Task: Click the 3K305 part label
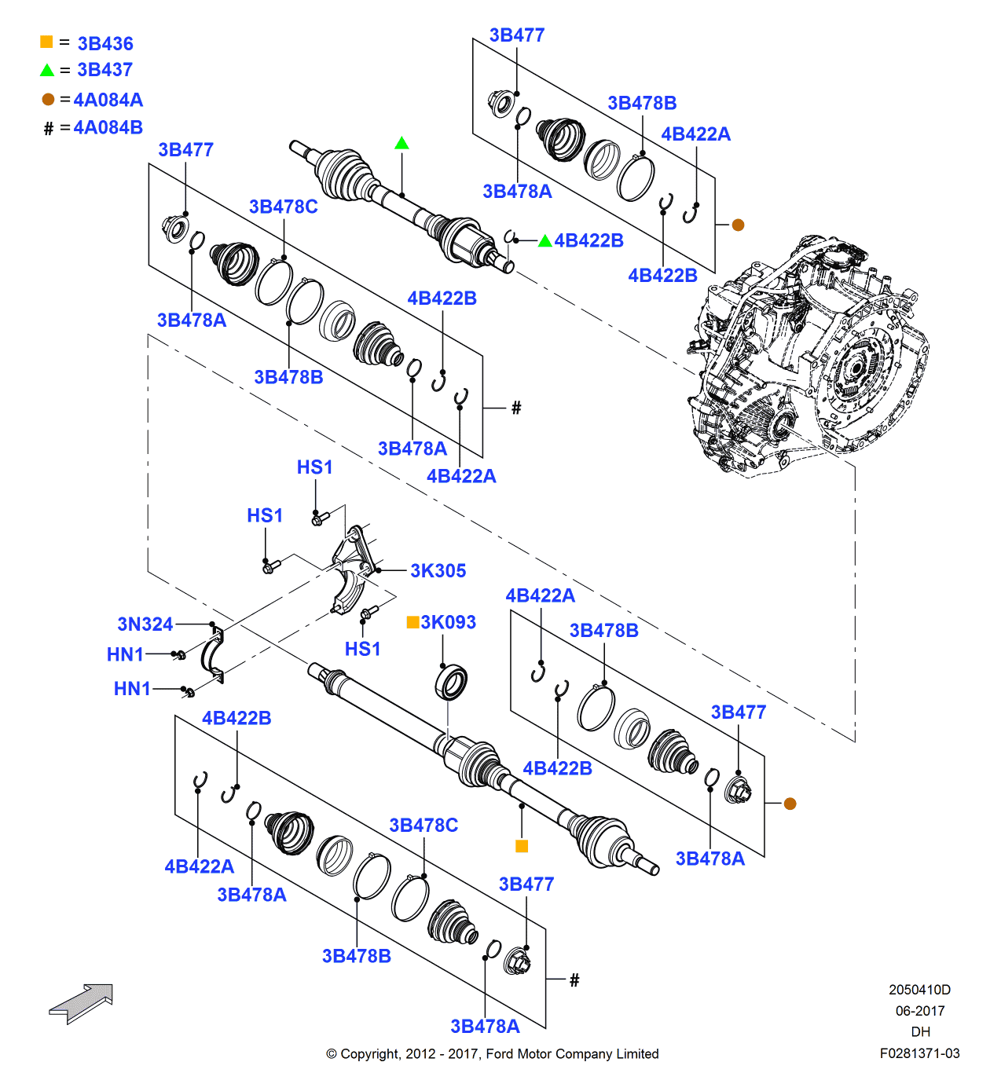coord(438,571)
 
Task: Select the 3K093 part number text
coord(448,622)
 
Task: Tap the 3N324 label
coord(145,624)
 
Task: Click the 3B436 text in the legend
coord(105,44)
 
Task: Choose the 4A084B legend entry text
coord(108,127)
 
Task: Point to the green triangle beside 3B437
coord(47,71)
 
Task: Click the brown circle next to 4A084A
coord(48,100)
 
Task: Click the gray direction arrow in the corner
coord(82,1003)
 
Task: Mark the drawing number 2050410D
coord(919,990)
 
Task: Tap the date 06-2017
coord(920,1011)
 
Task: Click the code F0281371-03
coord(919,1053)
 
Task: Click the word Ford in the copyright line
coord(500,1054)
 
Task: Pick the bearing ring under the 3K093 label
coord(451,682)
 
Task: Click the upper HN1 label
coord(125,654)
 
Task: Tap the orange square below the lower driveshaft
coord(522,846)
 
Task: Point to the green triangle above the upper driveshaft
coord(401,143)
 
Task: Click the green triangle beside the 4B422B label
coord(544,241)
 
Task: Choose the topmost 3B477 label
coord(516,35)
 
